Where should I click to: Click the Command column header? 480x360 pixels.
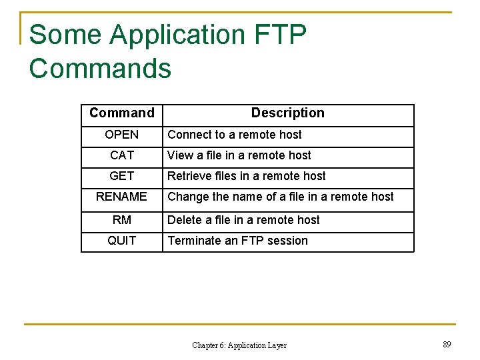point(121,113)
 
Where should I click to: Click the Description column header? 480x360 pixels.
point(287,113)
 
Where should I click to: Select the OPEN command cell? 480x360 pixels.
point(121,135)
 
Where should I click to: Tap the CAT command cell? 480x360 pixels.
point(121,155)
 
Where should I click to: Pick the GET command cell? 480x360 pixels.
point(121,176)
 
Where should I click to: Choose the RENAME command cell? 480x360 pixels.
point(121,197)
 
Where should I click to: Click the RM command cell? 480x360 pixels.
point(121,220)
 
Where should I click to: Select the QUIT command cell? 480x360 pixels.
point(121,241)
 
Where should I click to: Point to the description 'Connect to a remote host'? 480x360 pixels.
point(234,135)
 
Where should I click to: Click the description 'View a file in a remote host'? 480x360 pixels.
point(239,155)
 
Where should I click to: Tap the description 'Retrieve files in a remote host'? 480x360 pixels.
point(246,176)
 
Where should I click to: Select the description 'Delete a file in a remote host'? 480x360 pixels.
point(243,220)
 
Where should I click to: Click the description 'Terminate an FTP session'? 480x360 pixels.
point(237,241)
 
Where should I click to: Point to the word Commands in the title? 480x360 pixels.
point(100,69)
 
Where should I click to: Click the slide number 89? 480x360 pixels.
point(447,345)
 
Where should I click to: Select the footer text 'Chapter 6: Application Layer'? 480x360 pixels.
point(239,345)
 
